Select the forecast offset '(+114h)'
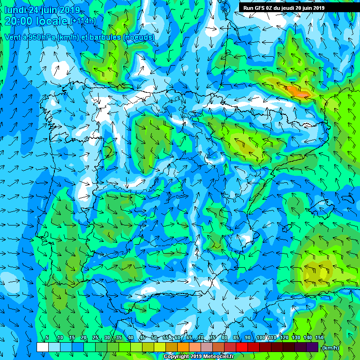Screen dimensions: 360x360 (83, 21)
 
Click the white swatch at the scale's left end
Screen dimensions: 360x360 (42, 347)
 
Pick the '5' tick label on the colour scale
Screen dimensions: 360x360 (47, 338)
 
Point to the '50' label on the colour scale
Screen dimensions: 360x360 (154, 338)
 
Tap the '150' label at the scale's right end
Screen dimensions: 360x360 (320, 338)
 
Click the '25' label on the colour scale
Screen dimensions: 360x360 (95, 338)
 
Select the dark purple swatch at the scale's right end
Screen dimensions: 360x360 (313, 347)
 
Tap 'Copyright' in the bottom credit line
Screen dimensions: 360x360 (177, 357)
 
